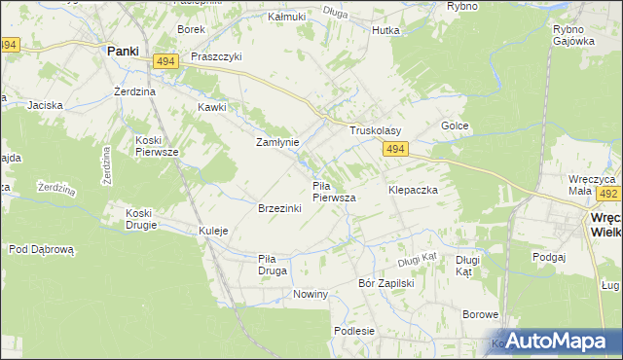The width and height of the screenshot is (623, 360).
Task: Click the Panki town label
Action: coord(122,51)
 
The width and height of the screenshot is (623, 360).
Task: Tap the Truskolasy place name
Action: coord(376,130)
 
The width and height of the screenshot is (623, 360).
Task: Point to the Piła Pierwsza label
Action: coord(334,191)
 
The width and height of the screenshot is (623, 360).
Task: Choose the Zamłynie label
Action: coord(277,142)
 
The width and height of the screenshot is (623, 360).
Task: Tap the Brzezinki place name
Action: coord(278,209)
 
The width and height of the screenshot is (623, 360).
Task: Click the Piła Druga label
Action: coord(273,264)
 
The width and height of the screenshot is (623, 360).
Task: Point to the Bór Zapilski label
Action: coord(387,283)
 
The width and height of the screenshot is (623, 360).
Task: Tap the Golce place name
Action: coord(456,126)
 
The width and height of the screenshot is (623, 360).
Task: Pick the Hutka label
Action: coord(385,30)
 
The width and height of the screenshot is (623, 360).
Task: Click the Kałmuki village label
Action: coord(286,18)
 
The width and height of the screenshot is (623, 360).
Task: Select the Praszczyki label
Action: coord(216,56)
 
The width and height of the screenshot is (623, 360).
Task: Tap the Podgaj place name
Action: coord(550,256)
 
